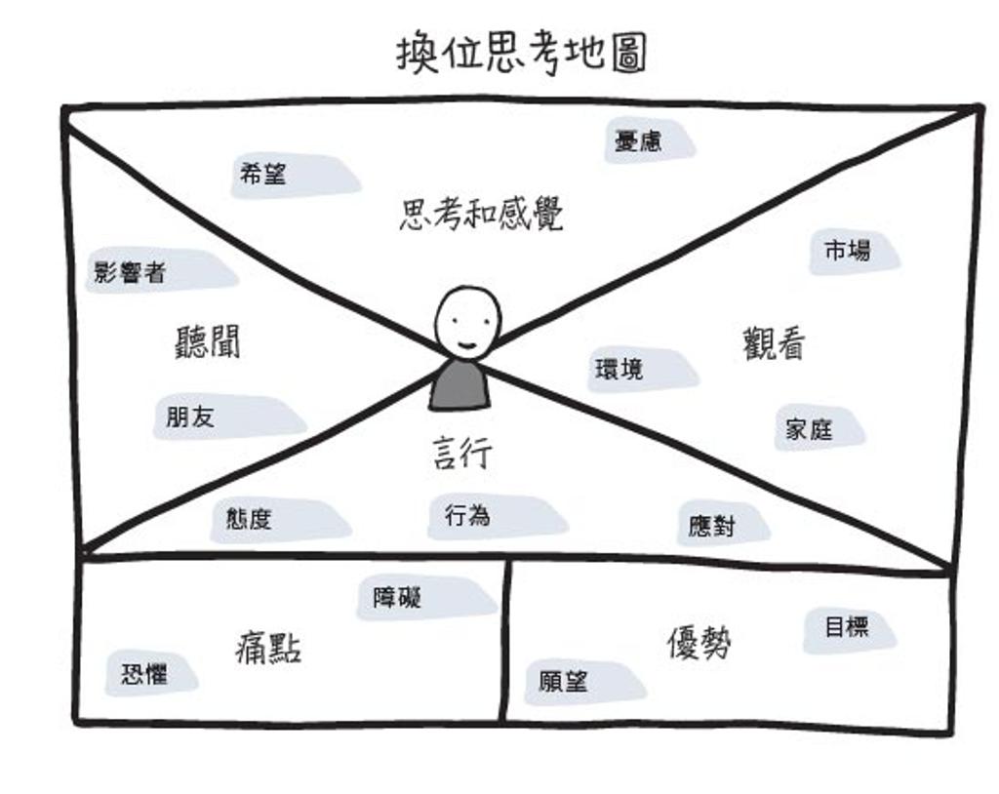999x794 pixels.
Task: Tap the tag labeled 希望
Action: click(x=263, y=175)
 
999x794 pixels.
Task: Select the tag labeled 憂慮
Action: click(x=639, y=140)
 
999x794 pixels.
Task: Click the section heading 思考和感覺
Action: click(x=481, y=214)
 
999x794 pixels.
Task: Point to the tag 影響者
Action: click(x=131, y=272)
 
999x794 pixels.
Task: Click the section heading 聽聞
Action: click(x=208, y=341)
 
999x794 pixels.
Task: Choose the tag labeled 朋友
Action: click(x=191, y=417)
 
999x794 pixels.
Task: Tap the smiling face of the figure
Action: click(x=466, y=323)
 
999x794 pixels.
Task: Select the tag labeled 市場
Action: click(x=847, y=251)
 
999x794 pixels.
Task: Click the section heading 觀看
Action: click(x=774, y=343)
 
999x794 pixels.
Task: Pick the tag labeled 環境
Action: click(x=620, y=370)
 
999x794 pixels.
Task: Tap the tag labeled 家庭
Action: click(x=810, y=428)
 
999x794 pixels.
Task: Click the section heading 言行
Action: click(x=462, y=454)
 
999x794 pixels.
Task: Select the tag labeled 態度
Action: click(x=250, y=519)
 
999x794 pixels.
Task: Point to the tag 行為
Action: click(x=468, y=515)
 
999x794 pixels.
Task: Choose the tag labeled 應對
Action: click(x=712, y=526)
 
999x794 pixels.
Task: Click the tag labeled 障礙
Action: click(x=398, y=596)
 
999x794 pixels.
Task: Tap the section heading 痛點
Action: click(x=268, y=647)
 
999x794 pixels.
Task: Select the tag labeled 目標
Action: click(x=847, y=627)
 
